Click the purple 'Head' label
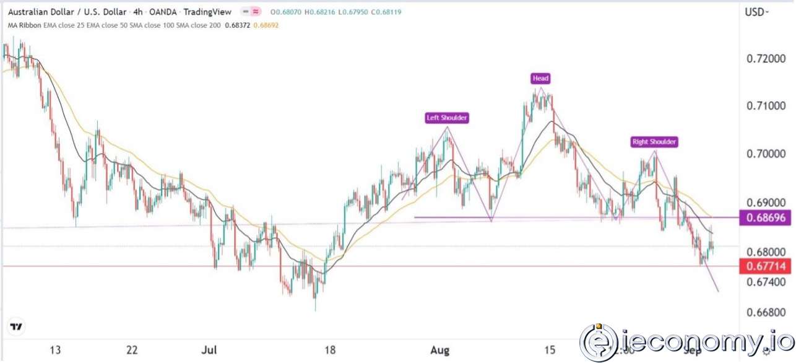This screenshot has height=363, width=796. tap(540, 79)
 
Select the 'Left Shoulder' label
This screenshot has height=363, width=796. tap(446, 118)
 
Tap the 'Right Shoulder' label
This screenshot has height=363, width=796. tap(654, 142)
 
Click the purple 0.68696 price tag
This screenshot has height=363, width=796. tap(766, 218)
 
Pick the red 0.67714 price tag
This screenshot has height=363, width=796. tap(766, 266)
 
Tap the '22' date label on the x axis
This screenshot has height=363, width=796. tap(132, 351)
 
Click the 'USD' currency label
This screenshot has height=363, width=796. tap(756, 12)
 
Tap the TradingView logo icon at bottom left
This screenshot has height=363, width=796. tap(16, 326)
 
